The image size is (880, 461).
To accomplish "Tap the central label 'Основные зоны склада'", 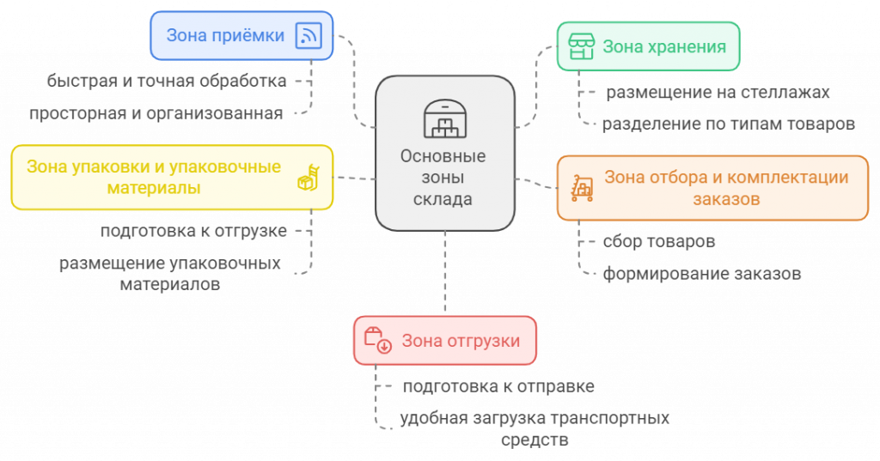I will (x=443, y=178).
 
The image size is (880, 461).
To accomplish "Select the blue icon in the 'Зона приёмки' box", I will (x=309, y=35).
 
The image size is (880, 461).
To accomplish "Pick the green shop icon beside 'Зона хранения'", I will (x=580, y=46).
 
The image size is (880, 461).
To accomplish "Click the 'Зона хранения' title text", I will (x=664, y=46).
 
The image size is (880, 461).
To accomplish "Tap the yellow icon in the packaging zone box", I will (x=309, y=177).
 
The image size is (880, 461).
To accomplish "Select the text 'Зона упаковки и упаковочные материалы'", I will (x=154, y=176).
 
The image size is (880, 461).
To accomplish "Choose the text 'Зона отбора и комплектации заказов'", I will (x=726, y=188).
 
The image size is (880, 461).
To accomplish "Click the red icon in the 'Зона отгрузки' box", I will (x=378, y=340).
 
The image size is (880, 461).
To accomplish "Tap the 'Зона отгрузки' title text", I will (x=461, y=341).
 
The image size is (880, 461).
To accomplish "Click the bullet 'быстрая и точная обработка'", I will (x=167, y=82).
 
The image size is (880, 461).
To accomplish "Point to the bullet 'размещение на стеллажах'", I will (x=718, y=93).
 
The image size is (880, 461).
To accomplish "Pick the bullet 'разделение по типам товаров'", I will (x=728, y=124).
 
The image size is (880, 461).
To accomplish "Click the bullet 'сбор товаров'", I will (x=658, y=242).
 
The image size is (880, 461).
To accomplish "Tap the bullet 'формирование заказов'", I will (x=702, y=274).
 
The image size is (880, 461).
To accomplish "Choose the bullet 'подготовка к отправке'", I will (x=498, y=386).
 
